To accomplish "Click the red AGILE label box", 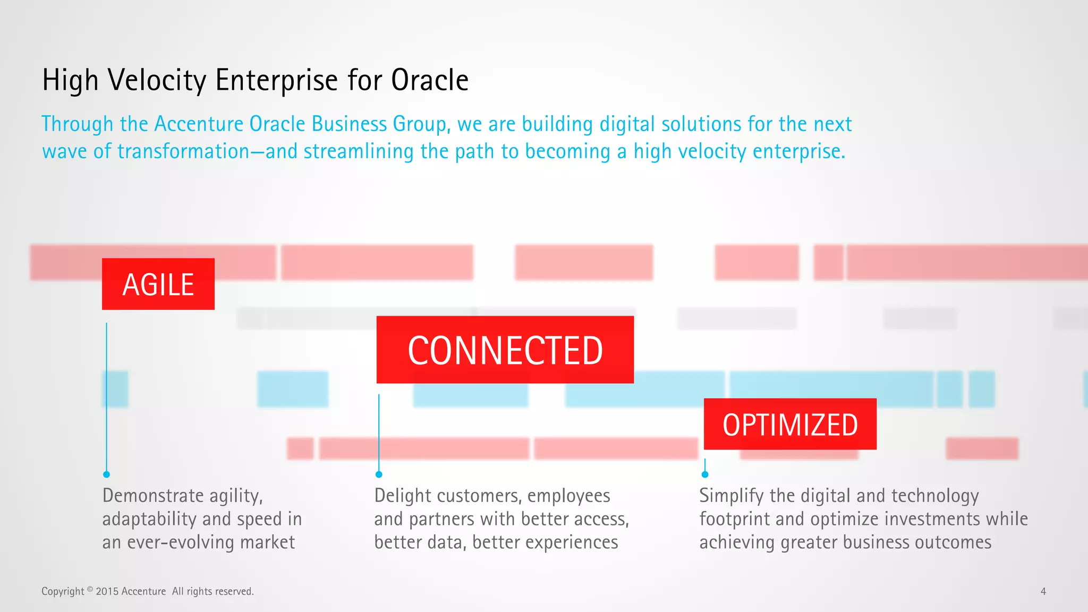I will [158, 284].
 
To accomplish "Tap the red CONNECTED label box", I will [505, 350].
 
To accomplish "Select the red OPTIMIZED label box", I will [789, 424].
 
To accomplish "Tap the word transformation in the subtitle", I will [183, 152].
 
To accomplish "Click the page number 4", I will [1043, 591].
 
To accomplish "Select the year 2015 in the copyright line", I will [107, 591].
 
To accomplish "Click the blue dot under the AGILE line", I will [106, 474].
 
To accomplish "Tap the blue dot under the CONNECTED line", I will [379, 474].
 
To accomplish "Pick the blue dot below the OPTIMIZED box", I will [705, 474].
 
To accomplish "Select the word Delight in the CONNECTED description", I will [402, 496].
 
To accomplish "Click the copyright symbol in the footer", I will [90, 589].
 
